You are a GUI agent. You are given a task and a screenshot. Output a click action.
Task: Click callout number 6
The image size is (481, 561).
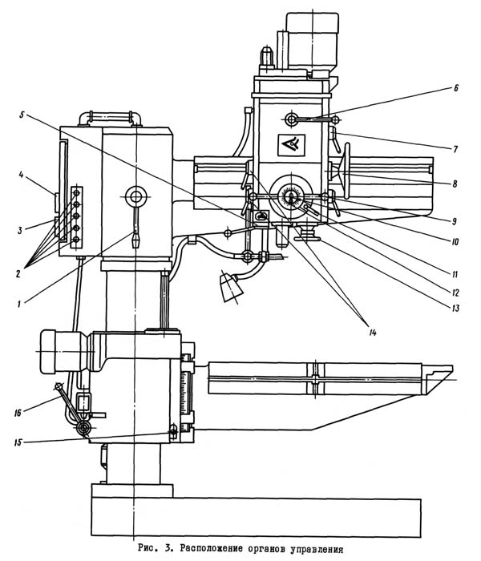point(455,88)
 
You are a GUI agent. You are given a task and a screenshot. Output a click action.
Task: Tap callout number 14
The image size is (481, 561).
point(373,333)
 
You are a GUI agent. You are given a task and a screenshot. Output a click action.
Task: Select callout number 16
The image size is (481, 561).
point(18,413)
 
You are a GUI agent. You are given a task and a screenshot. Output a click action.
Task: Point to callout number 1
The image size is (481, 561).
point(19,304)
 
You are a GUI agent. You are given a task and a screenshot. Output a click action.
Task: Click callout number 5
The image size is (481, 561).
point(22,115)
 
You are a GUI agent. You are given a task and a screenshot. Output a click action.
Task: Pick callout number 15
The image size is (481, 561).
point(18,442)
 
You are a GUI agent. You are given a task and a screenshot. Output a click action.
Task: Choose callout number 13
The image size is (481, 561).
point(455,308)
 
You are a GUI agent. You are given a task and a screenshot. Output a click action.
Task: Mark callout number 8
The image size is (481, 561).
point(455,184)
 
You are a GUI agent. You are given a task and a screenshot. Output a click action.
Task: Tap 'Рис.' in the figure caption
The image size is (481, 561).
point(147,547)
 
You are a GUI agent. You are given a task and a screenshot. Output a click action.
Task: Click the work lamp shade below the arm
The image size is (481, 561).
point(231,287)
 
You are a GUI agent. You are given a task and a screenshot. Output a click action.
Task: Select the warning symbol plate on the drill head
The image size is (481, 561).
point(292,145)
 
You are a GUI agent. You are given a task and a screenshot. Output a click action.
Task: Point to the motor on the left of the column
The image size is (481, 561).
point(64,352)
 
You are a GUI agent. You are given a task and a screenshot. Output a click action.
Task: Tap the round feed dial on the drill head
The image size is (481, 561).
point(292,197)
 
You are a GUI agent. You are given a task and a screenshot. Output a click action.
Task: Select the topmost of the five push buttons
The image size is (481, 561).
point(77,193)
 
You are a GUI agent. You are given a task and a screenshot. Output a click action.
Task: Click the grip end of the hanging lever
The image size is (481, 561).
point(135,240)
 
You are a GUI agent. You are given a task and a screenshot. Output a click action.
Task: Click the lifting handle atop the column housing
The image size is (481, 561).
point(111,116)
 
